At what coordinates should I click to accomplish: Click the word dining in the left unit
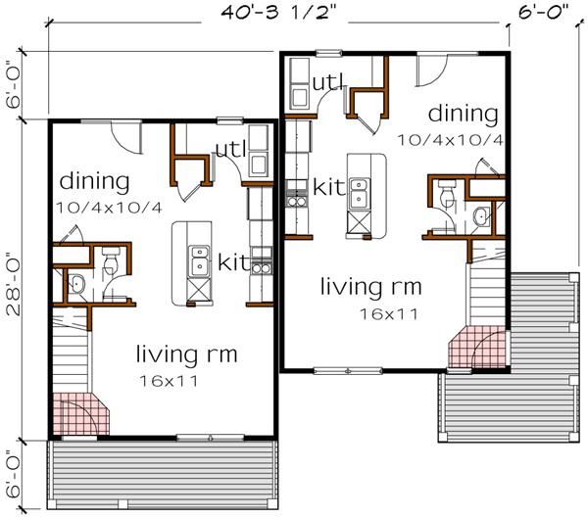pyautogui.click(x=95, y=181)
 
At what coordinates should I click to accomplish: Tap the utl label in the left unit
pyautogui.click(x=230, y=149)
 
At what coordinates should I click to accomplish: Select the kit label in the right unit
pyautogui.click(x=327, y=185)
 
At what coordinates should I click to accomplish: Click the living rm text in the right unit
pyautogui.click(x=371, y=287)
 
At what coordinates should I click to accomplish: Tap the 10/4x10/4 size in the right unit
pyautogui.click(x=451, y=139)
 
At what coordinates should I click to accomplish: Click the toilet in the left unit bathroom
pyautogui.click(x=110, y=260)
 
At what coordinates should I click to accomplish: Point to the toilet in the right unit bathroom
pyautogui.click(x=447, y=196)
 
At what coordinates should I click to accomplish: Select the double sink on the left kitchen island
pyautogui.click(x=200, y=259)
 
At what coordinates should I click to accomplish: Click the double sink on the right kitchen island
pyautogui.click(x=358, y=191)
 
